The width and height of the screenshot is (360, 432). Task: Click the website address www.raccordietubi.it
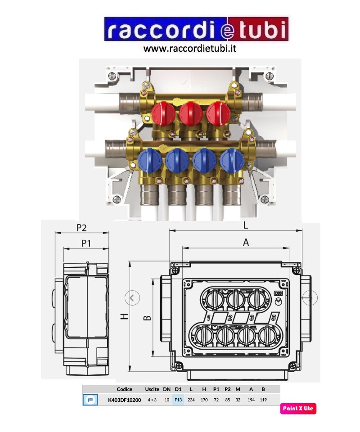point(190,49)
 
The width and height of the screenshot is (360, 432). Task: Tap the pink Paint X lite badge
point(298,408)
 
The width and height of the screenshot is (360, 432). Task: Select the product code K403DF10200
point(125,400)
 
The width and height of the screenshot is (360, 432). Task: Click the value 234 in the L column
point(191,400)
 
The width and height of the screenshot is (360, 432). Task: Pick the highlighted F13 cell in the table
point(178,400)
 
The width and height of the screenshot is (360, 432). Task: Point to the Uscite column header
point(152,389)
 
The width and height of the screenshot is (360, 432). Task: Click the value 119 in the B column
point(263,400)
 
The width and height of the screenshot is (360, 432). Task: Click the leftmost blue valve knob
point(150,161)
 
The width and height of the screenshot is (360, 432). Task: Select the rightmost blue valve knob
point(232,161)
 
